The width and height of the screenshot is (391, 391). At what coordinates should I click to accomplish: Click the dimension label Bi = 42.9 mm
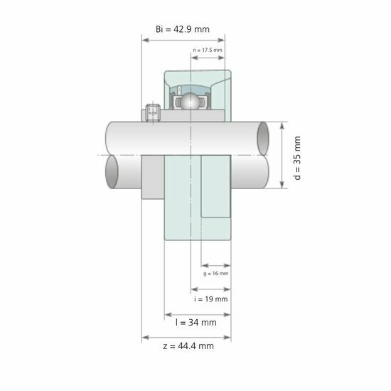tap(181, 28)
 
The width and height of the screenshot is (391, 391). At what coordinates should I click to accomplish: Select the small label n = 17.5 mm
tap(208, 50)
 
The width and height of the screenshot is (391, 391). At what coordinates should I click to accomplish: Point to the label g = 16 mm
tap(215, 273)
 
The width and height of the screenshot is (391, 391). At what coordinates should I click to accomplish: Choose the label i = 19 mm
tap(210, 299)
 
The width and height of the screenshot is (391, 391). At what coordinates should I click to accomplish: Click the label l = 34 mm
tap(195, 322)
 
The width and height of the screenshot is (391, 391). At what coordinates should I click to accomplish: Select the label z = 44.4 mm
tap(188, 346)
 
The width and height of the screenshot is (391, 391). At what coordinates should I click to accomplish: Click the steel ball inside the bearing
tap(189, 102)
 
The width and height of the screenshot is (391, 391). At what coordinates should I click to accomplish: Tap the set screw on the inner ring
tap(151, 112)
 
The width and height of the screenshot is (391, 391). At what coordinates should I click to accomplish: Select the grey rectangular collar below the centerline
tap(153, 178)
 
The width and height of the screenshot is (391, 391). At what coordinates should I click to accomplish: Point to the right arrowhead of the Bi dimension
tap(221, 40)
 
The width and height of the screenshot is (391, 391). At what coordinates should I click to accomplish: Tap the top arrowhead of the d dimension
tap(283, 124)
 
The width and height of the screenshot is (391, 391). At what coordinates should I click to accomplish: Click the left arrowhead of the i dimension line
tap(193, 289)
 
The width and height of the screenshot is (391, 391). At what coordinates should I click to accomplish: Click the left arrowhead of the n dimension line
tap(193, 59)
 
